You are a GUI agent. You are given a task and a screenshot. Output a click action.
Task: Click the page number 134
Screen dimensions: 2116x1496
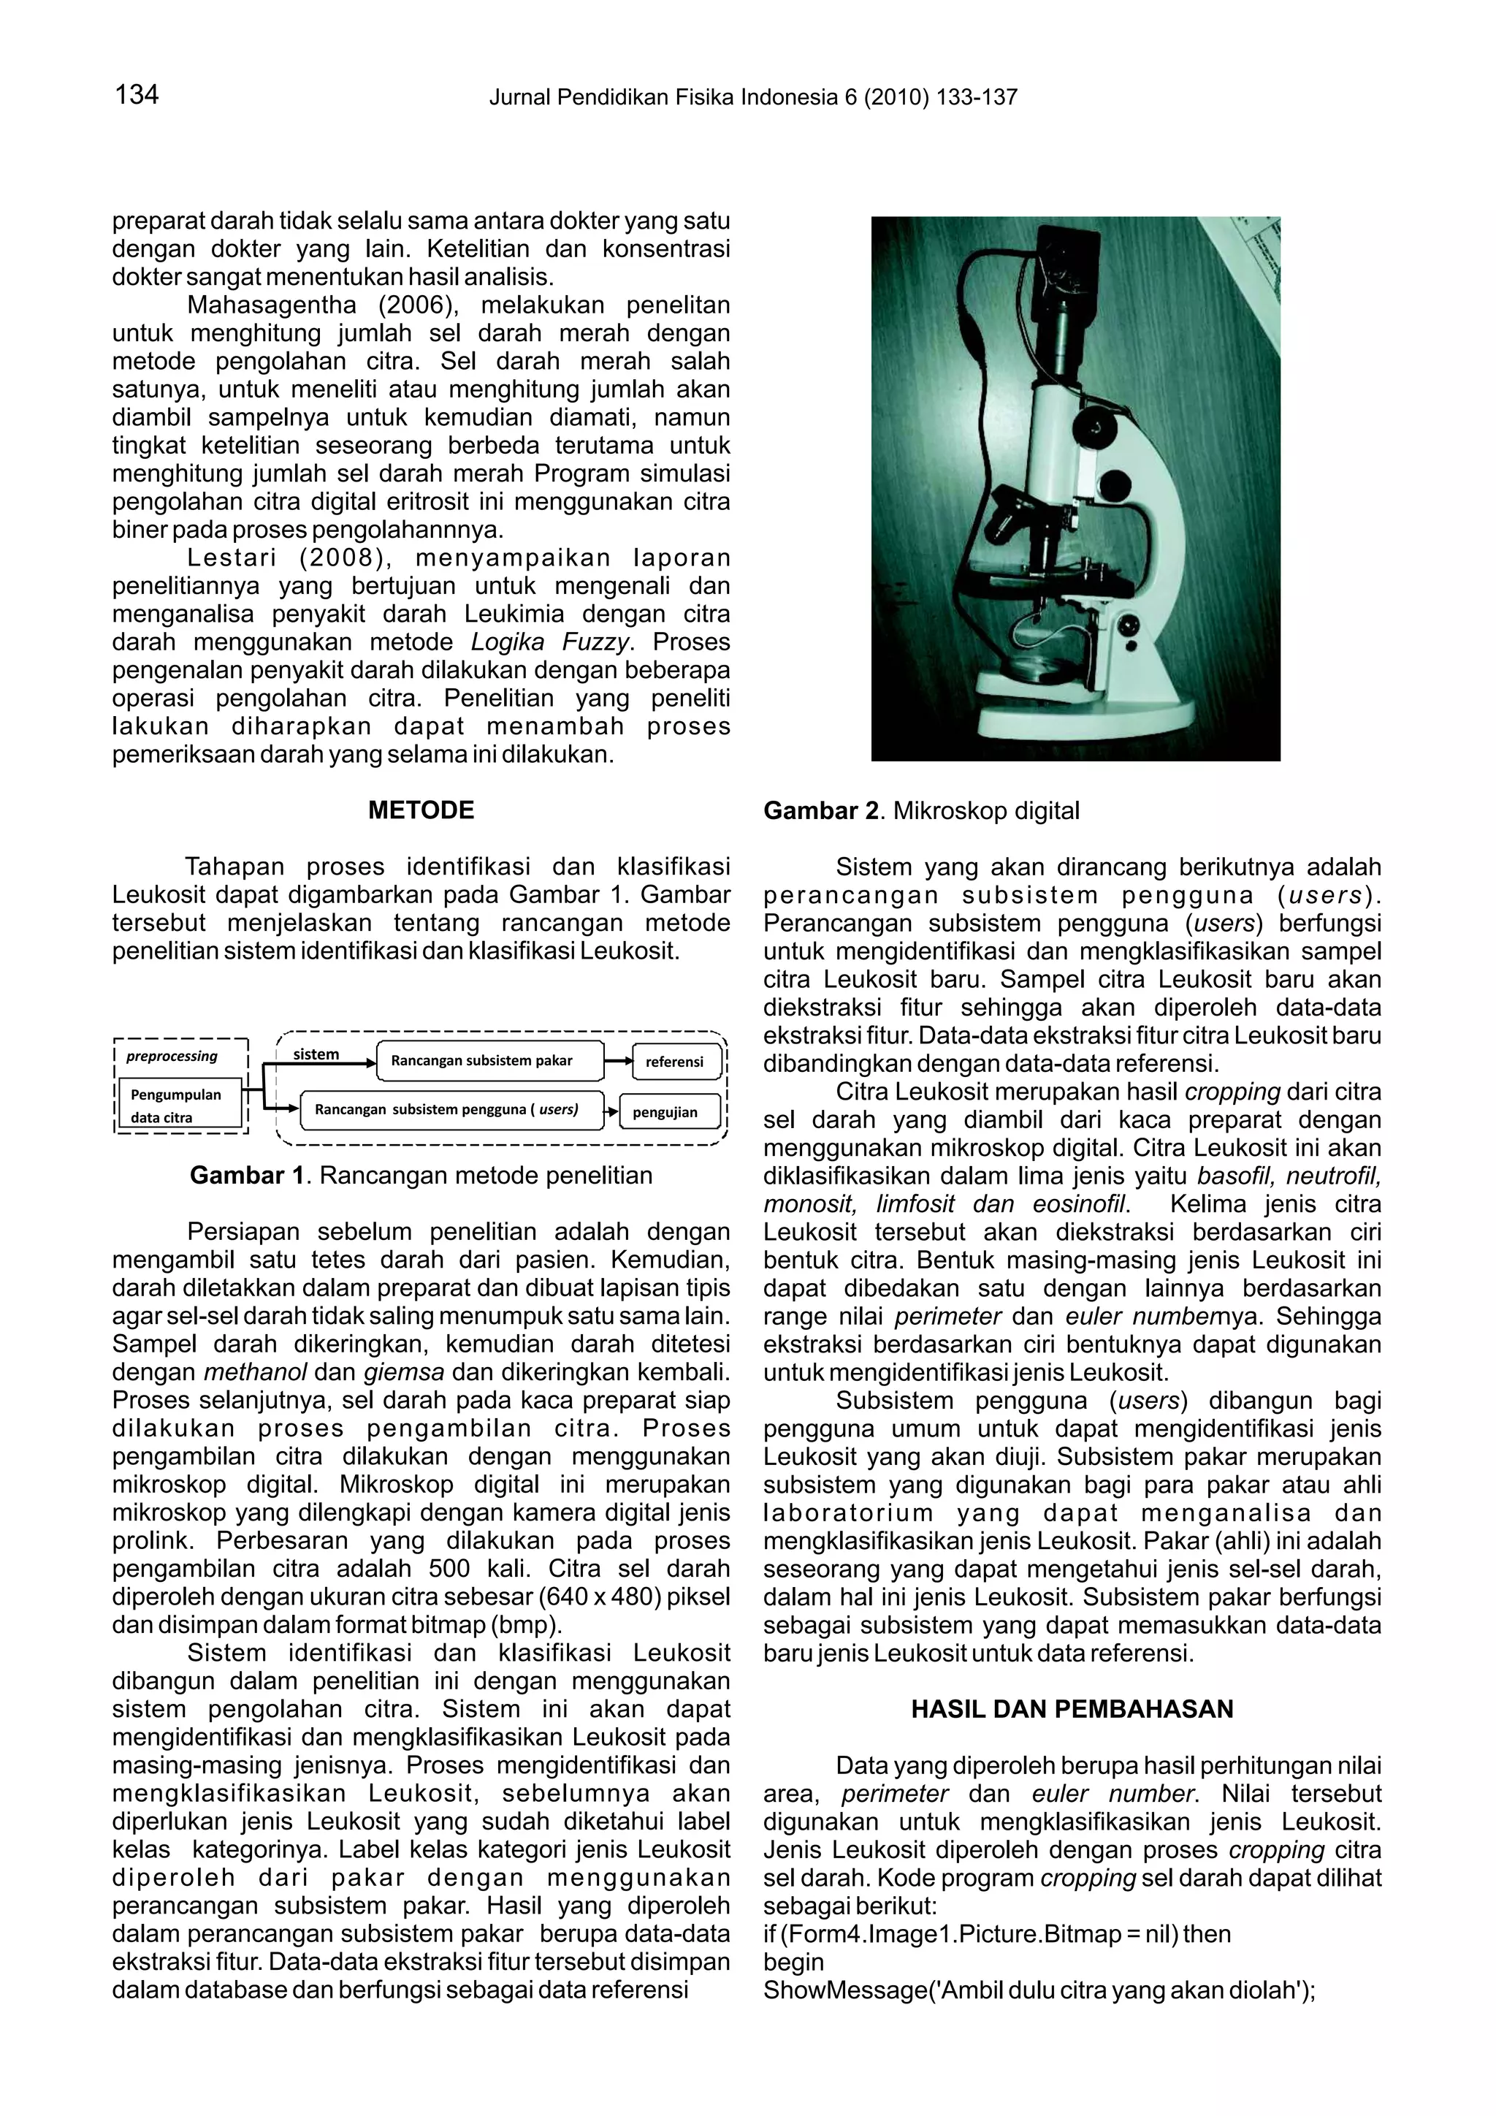click(x=137, y=94)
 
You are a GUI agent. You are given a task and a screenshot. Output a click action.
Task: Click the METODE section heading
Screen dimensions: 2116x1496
click(x=421, y=810)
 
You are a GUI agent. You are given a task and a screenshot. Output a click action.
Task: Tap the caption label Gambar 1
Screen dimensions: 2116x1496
click(x=247, y=1175)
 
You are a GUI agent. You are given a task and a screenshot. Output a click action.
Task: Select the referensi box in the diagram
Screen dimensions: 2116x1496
click(x=673, y=1062)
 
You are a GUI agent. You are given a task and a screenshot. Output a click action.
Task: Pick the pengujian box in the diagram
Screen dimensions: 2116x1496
click(x=665, y=1111)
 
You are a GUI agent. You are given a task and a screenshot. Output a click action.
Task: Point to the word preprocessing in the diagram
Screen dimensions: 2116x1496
click(x=172, y=1056)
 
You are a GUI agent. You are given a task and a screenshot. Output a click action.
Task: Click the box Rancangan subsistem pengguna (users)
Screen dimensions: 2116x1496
click(x=451, y=1110)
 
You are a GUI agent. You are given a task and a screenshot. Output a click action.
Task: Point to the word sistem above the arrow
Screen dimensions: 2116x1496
click(x=316, y=1054)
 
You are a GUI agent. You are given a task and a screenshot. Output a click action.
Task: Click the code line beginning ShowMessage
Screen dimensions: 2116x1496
click(x=1039, y=1990)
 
